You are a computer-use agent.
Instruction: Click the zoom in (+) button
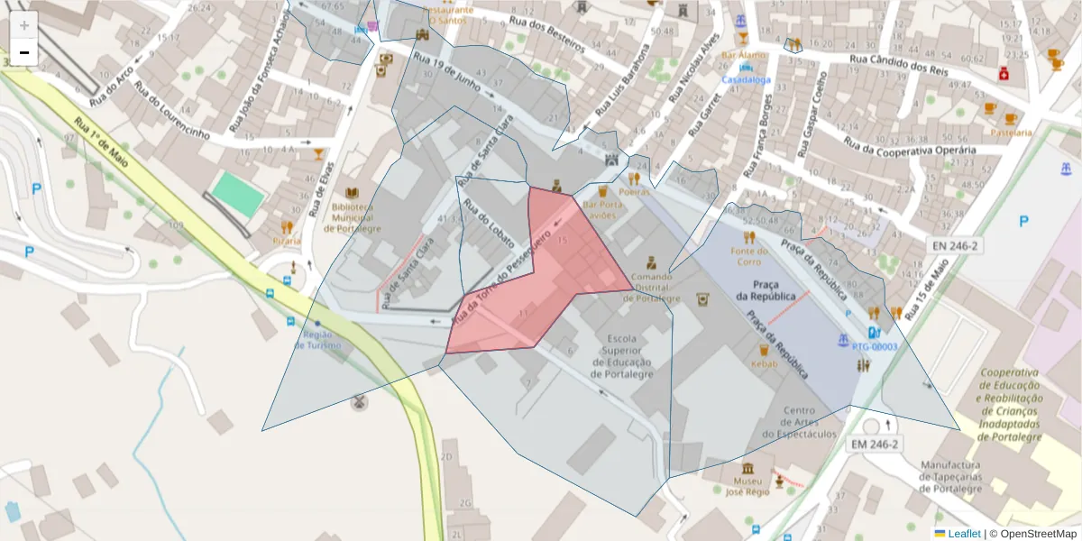24,25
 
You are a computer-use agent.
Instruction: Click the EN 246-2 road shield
956,245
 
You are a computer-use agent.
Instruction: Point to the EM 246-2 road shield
875,444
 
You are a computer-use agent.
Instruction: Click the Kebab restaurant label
765,363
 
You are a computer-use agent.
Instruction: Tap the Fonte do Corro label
749,256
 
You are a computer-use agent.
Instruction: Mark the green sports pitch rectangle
239,194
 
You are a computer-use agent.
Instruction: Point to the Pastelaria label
1011,133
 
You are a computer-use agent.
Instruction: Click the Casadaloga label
745,79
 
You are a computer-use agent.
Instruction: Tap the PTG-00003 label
874,346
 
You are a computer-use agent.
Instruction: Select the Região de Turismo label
318,340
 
